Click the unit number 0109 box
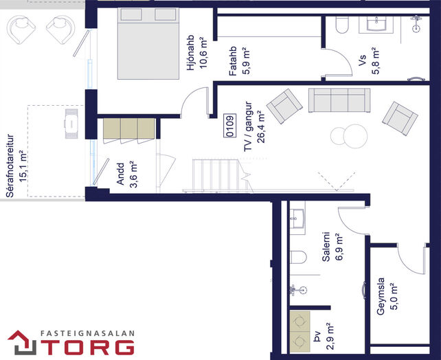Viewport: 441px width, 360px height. [230, 126]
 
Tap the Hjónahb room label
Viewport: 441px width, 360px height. [191, 53]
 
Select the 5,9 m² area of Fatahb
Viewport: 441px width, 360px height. [247, 60]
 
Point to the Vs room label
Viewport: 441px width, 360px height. [363, 60]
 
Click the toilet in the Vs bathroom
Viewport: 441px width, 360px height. [342, 24]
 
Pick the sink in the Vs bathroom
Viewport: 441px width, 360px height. [376, 23]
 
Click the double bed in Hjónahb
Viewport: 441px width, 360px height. [148, 43]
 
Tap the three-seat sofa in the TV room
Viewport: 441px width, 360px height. [339, 100]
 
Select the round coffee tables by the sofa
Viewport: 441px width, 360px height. [349, 136]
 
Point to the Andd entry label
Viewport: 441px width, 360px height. [120, 174]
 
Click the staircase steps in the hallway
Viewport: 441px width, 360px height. [216, 176]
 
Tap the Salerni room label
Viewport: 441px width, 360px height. [326, 247]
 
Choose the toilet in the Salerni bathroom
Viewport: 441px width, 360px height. [298, 257]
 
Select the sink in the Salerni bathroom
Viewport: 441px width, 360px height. [297, 218]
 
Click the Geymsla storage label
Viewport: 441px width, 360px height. [381, 296]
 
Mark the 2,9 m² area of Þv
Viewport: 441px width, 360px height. [330, 337]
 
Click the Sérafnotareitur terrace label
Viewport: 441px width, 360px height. [10, 166]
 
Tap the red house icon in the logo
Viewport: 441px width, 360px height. [22, 342]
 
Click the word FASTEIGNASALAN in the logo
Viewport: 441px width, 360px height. [87, 334]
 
